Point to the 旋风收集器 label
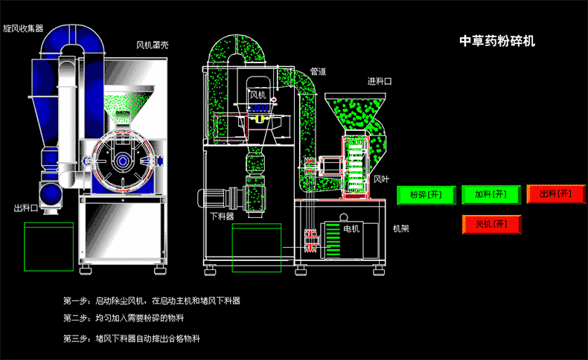click(x=23, y=28)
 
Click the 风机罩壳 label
click(x=152, y=45)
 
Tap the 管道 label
click(x=318, y=71)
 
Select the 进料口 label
click(x=379, y=80)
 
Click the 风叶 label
click(x=381, y=179)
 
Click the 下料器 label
click(x=221, y=216)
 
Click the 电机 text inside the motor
click(x=350, y=228)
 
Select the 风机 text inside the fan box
click(x=258, y=95)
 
